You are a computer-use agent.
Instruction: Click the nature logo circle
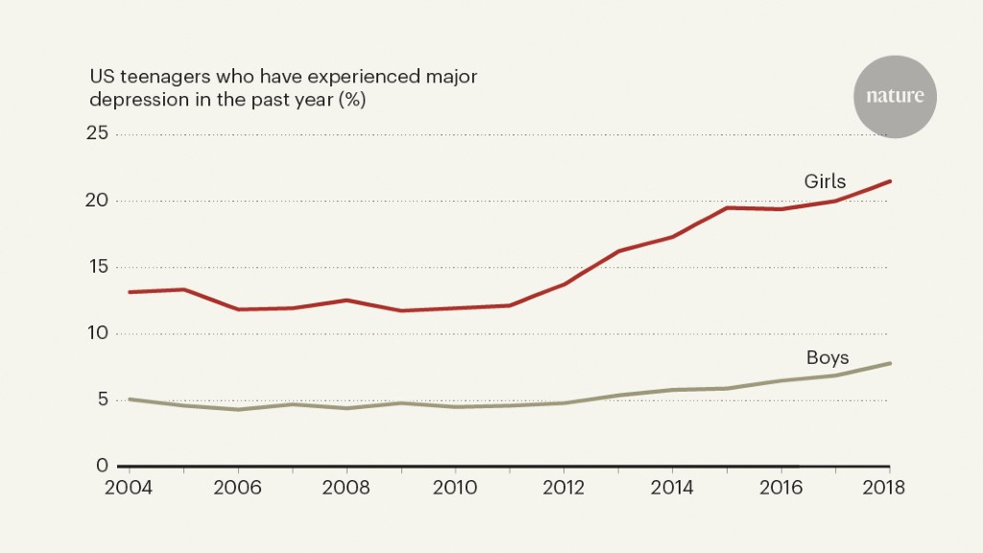895,96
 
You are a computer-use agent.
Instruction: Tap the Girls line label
825,181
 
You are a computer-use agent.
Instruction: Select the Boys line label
827,358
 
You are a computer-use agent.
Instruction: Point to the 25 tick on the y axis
96,134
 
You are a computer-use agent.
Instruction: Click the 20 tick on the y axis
96,201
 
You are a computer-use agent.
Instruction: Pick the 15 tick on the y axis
96,267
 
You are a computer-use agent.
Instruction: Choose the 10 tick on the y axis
96,333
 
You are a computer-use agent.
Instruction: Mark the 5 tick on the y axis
102,400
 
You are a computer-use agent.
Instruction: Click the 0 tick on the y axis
102,466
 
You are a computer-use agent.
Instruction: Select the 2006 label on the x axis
239,486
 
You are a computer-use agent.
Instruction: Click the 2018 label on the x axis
883,486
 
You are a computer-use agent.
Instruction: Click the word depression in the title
133,99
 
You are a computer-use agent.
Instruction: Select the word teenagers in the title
160,76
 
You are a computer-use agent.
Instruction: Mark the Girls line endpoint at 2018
890,181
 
